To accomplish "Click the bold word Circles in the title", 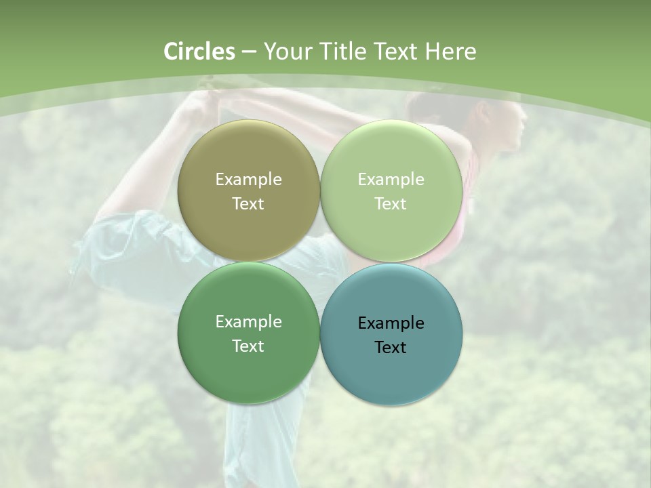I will pos(199,52).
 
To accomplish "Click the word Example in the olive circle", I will pos(248,180).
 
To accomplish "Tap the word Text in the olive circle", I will pos(248,204).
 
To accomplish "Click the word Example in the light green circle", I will pos(391,180).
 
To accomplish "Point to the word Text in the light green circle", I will pos(391,204).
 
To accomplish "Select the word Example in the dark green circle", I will pos(248,322).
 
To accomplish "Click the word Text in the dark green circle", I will pos(248,346).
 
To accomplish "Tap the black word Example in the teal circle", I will pos(391,323).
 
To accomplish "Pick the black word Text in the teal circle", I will pos(391,348).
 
